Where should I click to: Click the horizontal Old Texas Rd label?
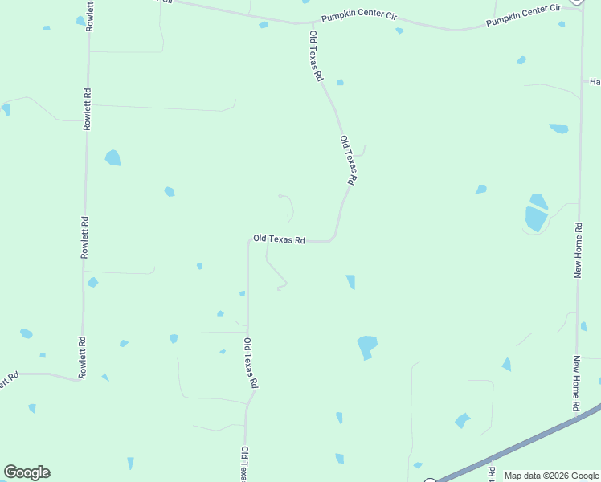tap(279, 239)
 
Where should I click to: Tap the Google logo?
tap(27, 472)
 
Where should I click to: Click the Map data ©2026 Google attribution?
tap(551, 476)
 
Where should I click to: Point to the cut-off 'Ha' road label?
tap(595, 82)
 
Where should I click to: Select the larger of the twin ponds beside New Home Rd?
tap(535, 219)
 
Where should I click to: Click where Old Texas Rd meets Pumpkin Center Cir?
tap(310, 23)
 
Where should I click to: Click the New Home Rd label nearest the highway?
tap(577, 384)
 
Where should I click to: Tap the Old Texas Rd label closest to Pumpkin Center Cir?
tap(316, 56)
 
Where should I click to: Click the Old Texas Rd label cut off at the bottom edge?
tap(243, 464)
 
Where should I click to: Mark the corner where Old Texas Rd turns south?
tap(248, 240)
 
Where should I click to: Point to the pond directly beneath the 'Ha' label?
tap(558, 129)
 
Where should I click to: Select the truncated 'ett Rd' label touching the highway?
tap(491, 472)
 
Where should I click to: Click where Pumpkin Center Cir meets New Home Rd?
tap(582, 16)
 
